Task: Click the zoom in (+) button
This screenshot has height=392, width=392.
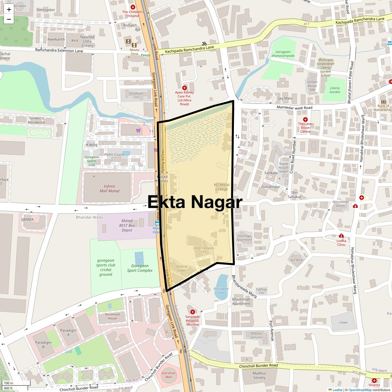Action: (x=9, y=9)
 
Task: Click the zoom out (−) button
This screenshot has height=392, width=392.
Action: (x=9, y=19)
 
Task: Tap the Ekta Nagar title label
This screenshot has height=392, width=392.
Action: (x=195, y=202)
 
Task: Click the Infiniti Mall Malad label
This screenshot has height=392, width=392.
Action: (x=109, y=189)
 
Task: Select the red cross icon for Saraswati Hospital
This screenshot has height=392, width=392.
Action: (x=192, y=312)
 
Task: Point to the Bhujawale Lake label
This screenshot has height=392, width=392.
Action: (x=221, y=290)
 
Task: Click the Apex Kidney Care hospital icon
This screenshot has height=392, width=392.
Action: (x=185, y=88)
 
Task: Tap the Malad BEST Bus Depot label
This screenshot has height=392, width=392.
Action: (x=127, y=225)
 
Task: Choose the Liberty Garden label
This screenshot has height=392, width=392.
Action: (x=335, y=90)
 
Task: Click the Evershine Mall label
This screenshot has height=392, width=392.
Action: (x=169, y=375)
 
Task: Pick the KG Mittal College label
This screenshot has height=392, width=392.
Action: (x=221, y=187)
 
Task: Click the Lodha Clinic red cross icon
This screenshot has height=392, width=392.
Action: (x=341, y=236)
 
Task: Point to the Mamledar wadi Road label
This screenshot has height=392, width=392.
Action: (x=294, y=107)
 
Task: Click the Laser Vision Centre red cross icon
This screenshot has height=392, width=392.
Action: (x=305, y=120)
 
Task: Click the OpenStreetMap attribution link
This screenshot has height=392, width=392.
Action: (x=360, y=390)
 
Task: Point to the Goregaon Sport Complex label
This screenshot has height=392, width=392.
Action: (x=140, y=268)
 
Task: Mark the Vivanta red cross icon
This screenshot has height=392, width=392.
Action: (x=374, y=381)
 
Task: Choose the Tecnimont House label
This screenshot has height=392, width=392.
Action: (x=112, y=316)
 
